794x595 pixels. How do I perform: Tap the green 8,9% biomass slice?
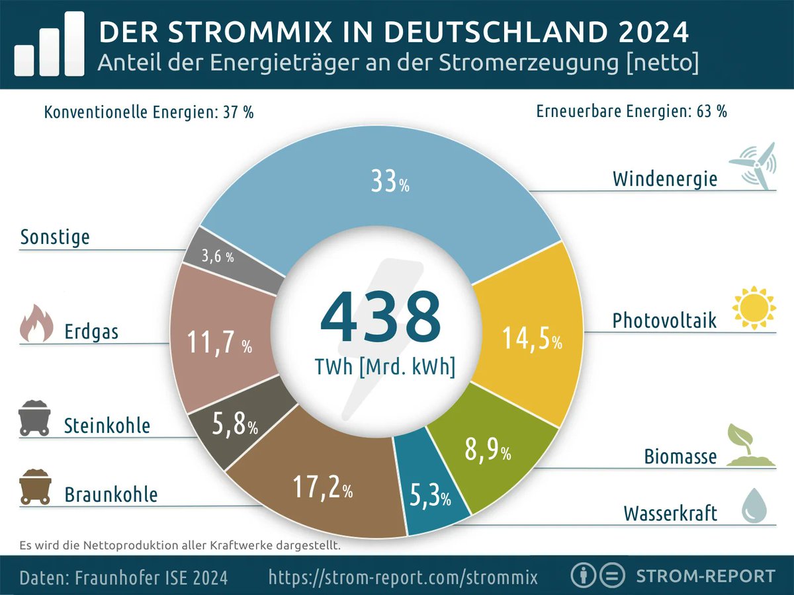point(490,450)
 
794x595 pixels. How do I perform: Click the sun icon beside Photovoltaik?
point(753,308)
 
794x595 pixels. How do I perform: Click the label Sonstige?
point(55,237)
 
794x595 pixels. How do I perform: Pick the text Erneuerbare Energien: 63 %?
point(631,112)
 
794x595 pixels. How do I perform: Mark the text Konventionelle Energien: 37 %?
point(148,112)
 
